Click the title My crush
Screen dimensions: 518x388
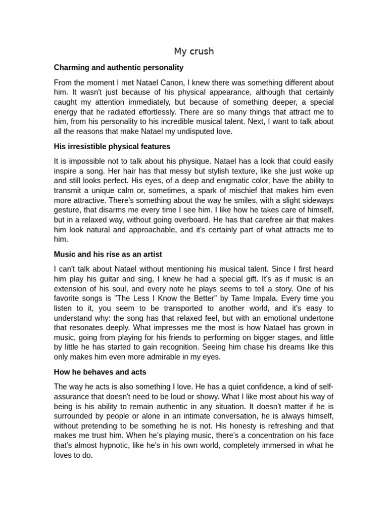(194, 51)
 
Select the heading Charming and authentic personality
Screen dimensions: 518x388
(119, 67)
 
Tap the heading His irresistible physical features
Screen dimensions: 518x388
(112, 147)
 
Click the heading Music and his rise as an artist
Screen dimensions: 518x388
(108, 254)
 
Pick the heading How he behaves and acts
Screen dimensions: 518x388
(100, 372)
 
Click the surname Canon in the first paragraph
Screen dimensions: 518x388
(172, 82)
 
